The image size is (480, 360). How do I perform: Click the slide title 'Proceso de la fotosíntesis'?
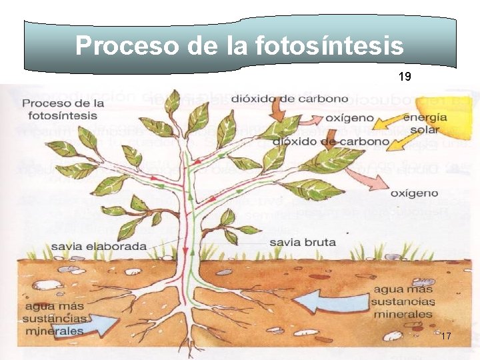[239, 46]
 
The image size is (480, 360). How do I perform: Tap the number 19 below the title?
[405, 77]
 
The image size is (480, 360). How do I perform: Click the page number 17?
[446, 337]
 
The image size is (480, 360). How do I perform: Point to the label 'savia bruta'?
[302, 241]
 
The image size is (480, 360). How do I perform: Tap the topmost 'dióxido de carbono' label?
[290, 99]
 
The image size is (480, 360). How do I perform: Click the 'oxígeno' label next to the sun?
[349, 119]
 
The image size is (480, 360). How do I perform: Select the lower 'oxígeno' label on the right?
[414, 193]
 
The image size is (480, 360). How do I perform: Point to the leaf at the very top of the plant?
[173, 101]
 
